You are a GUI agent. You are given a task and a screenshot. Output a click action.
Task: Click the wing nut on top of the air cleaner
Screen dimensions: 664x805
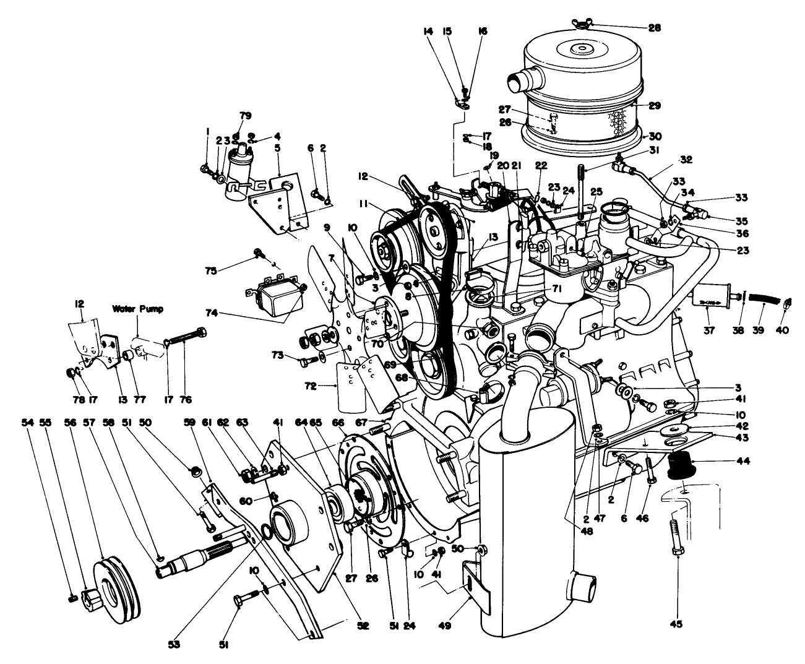[581, 25]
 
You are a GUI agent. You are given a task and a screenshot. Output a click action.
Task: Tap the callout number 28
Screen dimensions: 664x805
[654, 28]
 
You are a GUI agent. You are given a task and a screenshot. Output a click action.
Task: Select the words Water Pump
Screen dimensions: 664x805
[137, 308]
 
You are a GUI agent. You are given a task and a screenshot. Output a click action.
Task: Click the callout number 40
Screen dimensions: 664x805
[783, 330]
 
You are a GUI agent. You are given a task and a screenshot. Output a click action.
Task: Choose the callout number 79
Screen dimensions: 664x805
[246, 116]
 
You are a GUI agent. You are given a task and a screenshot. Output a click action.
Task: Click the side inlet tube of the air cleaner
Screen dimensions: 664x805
[517, 81]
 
